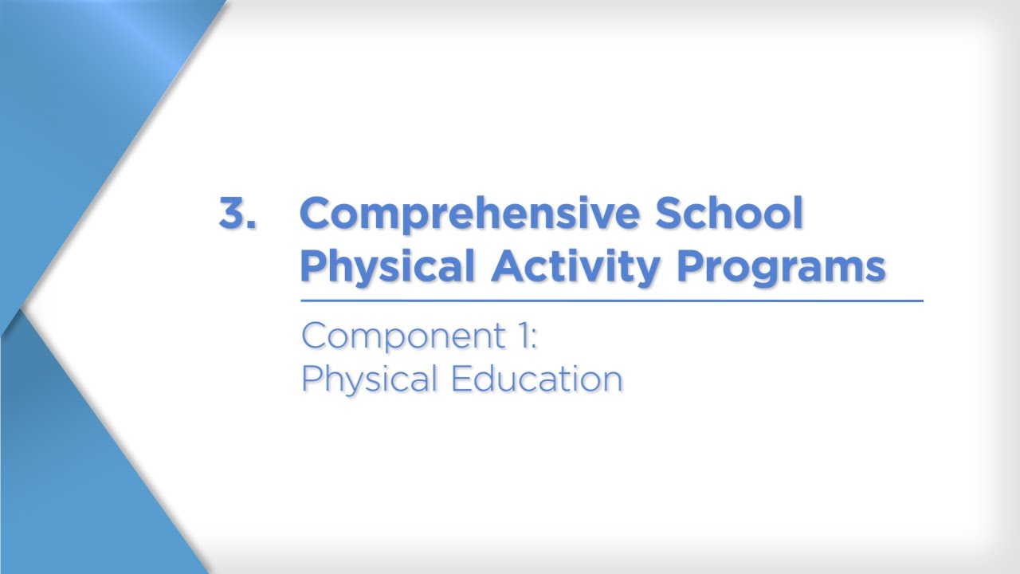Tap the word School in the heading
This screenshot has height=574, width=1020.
[x=728, y=213]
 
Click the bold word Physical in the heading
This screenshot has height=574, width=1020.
[x=387, y=265]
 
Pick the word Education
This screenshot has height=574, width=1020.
[x=536, y=379]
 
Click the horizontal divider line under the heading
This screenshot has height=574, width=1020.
[x=611, y=301]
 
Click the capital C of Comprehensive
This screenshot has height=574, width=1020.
[x=317, y=213]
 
